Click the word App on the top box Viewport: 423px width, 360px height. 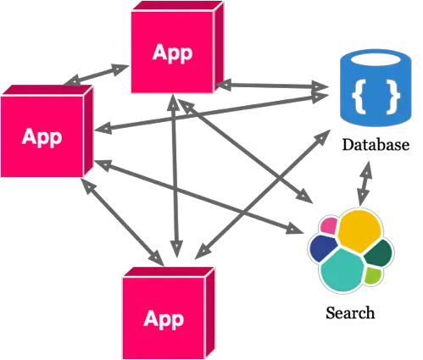172,53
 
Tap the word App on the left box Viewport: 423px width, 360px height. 42,137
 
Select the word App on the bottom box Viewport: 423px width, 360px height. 164,319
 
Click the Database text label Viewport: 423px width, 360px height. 376,145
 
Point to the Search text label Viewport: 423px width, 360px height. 350,313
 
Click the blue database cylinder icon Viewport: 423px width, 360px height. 376,88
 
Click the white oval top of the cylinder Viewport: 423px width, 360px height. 376,60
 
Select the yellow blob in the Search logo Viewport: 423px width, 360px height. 359,231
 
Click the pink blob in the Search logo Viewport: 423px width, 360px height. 329,225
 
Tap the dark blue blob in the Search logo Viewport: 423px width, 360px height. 322,248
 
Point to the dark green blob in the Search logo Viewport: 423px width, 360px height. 379,253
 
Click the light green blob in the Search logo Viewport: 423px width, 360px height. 372,275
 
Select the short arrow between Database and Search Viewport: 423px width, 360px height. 365,184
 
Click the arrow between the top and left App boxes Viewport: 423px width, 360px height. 97,75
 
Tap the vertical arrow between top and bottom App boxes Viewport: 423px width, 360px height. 175,175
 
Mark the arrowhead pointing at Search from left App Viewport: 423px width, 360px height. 295,228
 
